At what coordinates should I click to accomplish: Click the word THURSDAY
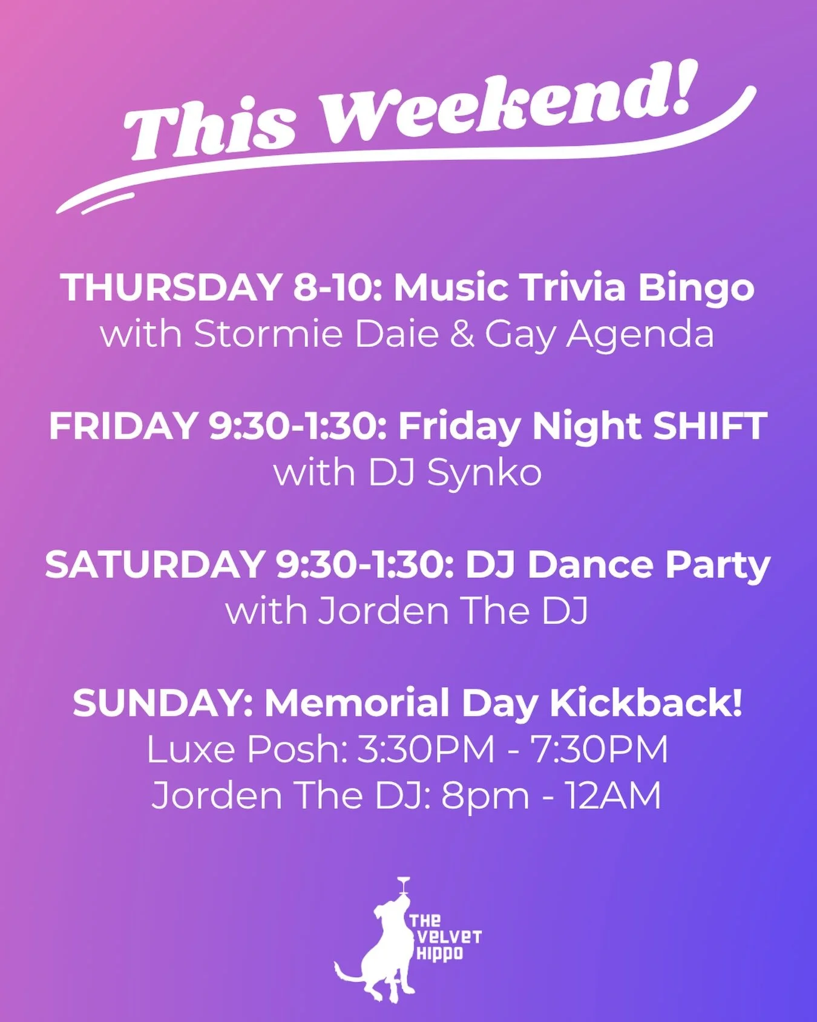[x=171, y=287]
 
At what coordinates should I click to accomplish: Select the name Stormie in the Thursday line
[x=268, y=334]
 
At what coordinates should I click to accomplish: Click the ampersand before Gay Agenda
[x=462, y=334]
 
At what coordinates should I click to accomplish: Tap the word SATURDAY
[x=154, y=564]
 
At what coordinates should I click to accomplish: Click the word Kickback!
[x=646, y=703]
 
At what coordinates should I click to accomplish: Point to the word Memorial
[x=357, y=703]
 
